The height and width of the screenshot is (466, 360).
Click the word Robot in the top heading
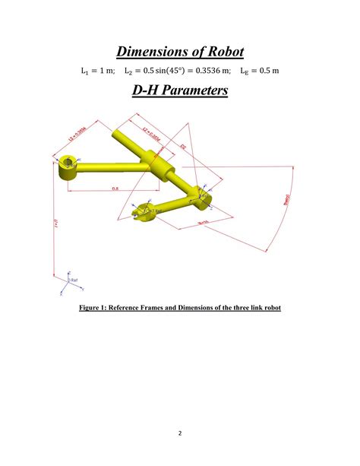[222, 52]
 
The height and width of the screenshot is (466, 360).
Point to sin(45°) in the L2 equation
[163, 71]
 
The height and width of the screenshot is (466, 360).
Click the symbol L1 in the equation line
[84, 71]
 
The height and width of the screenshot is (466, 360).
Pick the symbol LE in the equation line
[244, 71]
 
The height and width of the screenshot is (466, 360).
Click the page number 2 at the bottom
[179, 434]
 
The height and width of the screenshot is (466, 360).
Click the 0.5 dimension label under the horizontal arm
[116, 188]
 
